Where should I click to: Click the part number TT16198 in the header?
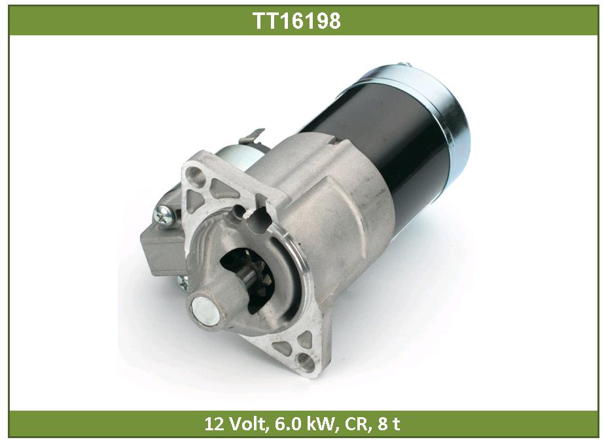(x=296, y=20)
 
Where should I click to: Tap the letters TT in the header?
(x=265, y=20)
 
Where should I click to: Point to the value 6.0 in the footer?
(x=285, y=424)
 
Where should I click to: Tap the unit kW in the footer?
(x=316, y=424)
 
